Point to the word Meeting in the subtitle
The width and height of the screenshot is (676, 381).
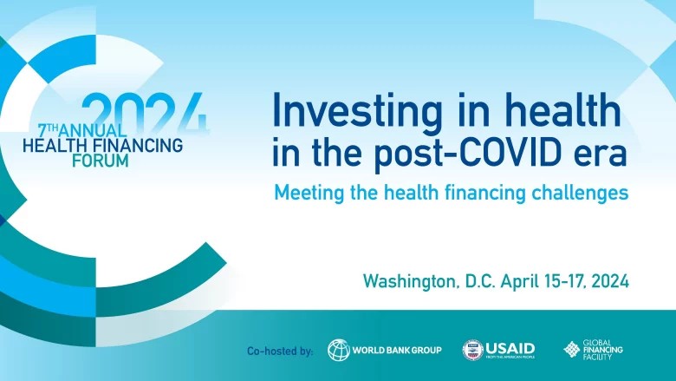[x=310, y=194]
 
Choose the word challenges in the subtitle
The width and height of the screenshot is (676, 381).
[x=579, y=194]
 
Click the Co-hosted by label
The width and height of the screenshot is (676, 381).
[x=280, y=351]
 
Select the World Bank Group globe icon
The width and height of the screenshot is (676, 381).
[x=339, y=350]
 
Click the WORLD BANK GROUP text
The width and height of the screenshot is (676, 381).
[x=398, y=351]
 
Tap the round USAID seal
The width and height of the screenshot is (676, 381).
[x=473, y=350]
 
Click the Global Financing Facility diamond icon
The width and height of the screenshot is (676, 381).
[x=572, y=350]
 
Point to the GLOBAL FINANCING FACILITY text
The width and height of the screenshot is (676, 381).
[x=604, y=350]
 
